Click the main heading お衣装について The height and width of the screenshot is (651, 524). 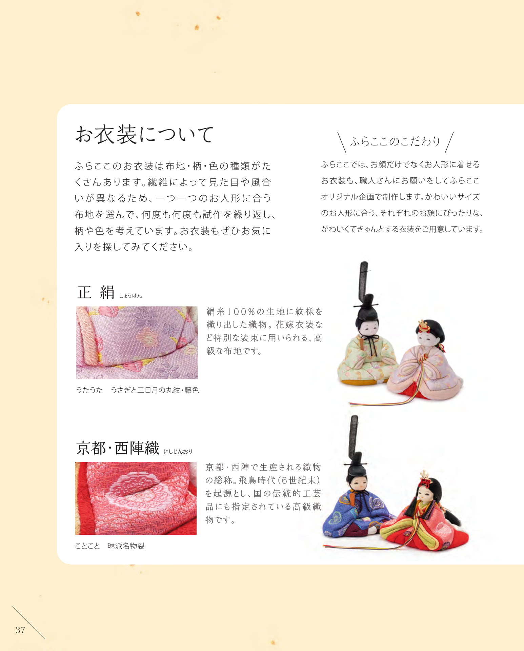pyautogui.click(x=144, y=135)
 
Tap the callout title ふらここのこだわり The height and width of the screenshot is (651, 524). pyautogui.click(x=395, y=142)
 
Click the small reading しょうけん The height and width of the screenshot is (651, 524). pyautogui.click(x=130, y=296)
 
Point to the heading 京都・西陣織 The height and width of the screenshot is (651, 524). pyautogui.click(x=117, y=448)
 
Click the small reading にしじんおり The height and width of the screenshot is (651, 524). pyautogui.click(x=178, y=451)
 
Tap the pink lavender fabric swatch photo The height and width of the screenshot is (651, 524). pyautogui.click(x=137, y=342)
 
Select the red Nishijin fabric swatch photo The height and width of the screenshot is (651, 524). pyautogui.click(x=136, y=498)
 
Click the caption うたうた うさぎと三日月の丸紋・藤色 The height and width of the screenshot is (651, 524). pyautogui.click(x=137, y=390)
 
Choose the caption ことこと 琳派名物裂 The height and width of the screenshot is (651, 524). pyautogui.click(x=110, y=546)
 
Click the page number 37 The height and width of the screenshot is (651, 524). pyautogui.click(x=20, y=630)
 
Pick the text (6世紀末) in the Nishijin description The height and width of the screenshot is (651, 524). pyautogui.click(x=298, y=480)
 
